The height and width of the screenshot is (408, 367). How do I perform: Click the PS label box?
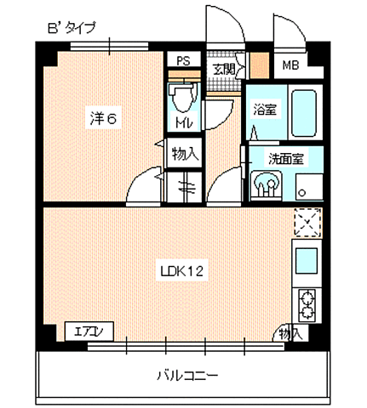(x=182, y=62)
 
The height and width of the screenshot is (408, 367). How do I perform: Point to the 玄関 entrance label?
(x=224, y=69)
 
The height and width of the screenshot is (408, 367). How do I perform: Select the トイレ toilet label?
(x=182, y=124)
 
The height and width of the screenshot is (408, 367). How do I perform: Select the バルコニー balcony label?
(x=186, y=374)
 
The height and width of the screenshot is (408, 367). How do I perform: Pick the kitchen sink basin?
(x=306, y=258)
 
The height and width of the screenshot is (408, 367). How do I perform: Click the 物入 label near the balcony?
(x=290, y=333)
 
